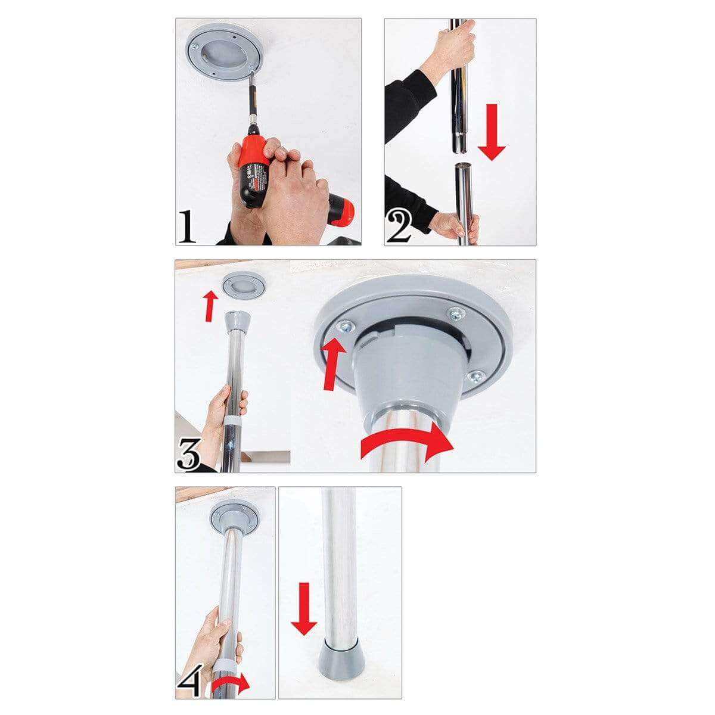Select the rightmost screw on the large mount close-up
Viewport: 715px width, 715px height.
point(474,376)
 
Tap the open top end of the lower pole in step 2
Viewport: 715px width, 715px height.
point(463,167)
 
